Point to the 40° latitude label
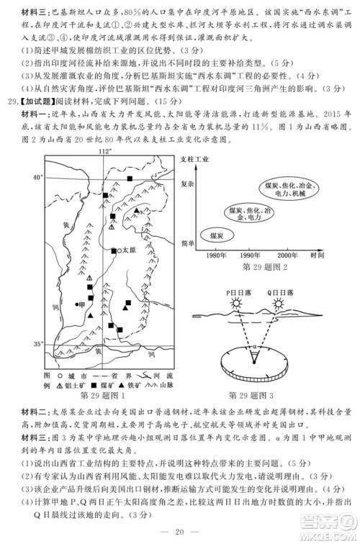[x=38, y=176]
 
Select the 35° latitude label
[x=38, y=345]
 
